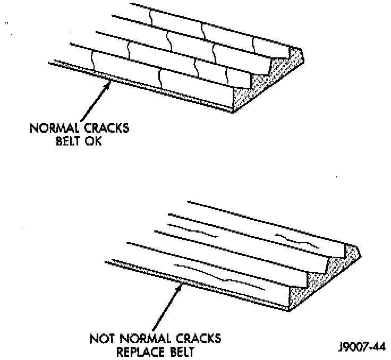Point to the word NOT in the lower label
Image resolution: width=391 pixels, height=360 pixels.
point(102,338)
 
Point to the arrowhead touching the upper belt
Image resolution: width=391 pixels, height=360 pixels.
point(108,85)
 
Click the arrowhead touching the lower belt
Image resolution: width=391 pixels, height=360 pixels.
point(181,287)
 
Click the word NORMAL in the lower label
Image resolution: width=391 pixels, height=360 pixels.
point(146,338)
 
